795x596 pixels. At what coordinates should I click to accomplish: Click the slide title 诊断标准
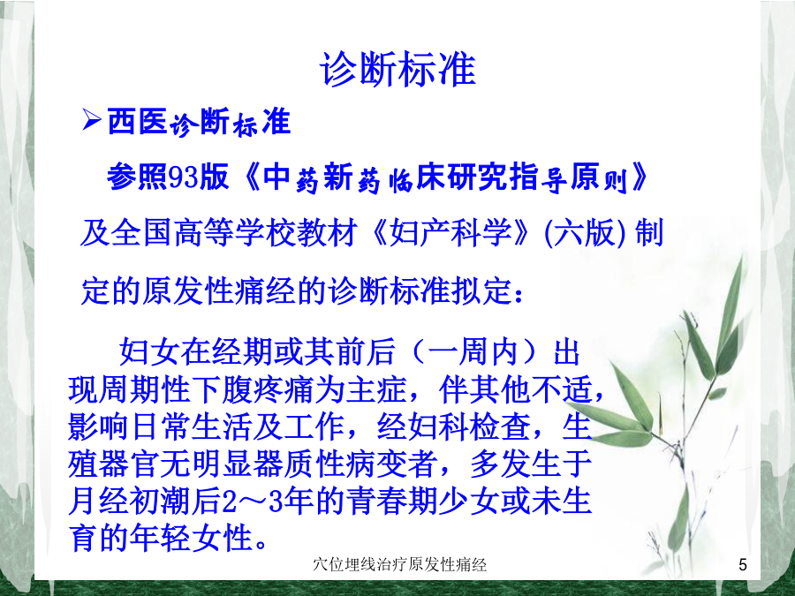tap(398, 70)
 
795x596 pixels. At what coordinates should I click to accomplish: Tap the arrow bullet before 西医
tap(91, 121)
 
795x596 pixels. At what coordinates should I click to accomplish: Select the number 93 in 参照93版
tap(183, 177)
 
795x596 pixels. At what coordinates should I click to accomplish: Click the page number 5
tap(743, 564)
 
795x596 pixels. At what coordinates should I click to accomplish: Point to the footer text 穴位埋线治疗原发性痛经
tap(399, 564)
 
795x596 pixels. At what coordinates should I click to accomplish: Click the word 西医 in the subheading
tap(138, 122)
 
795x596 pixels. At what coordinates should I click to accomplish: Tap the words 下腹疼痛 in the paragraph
tap(253, 389)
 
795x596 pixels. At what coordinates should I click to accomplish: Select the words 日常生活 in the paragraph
tap(191, 426)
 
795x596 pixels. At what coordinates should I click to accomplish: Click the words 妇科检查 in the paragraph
tap(470, 426)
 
